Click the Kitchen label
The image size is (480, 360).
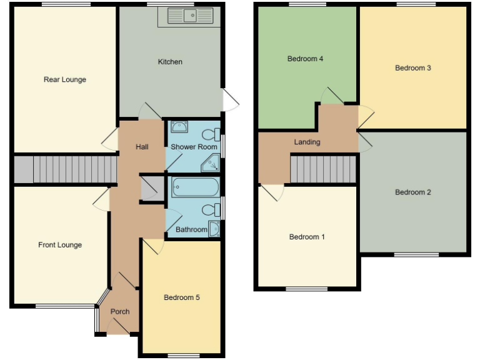click(170, 62)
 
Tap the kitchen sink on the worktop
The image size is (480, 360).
click(186, 16)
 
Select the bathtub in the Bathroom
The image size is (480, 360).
click(195, 187)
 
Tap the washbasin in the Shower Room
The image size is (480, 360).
click(179, 127)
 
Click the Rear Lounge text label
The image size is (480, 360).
click(65, 79)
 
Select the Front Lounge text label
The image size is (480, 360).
click(60, 245)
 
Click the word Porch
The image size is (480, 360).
click(120, 312)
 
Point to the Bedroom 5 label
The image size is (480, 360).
click(182, 297)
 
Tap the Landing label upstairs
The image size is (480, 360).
click(307, 142)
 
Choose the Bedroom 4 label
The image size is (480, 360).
click(305, 59)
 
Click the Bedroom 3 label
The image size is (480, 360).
click(413, 68)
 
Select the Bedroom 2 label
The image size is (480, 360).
click(413, 192)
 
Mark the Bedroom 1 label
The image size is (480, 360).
click(307, 237)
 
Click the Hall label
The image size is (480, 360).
click(142, 147)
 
